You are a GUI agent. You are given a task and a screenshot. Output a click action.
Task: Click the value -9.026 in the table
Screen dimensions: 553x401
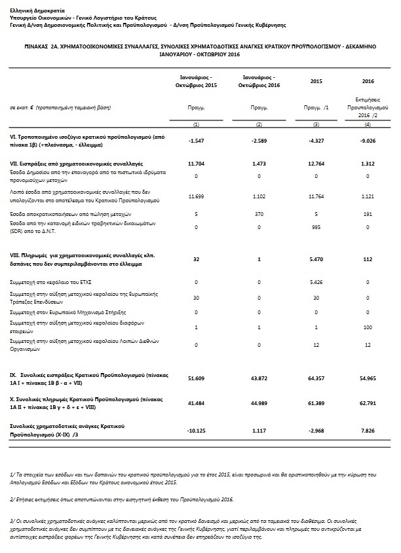point(368,141)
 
